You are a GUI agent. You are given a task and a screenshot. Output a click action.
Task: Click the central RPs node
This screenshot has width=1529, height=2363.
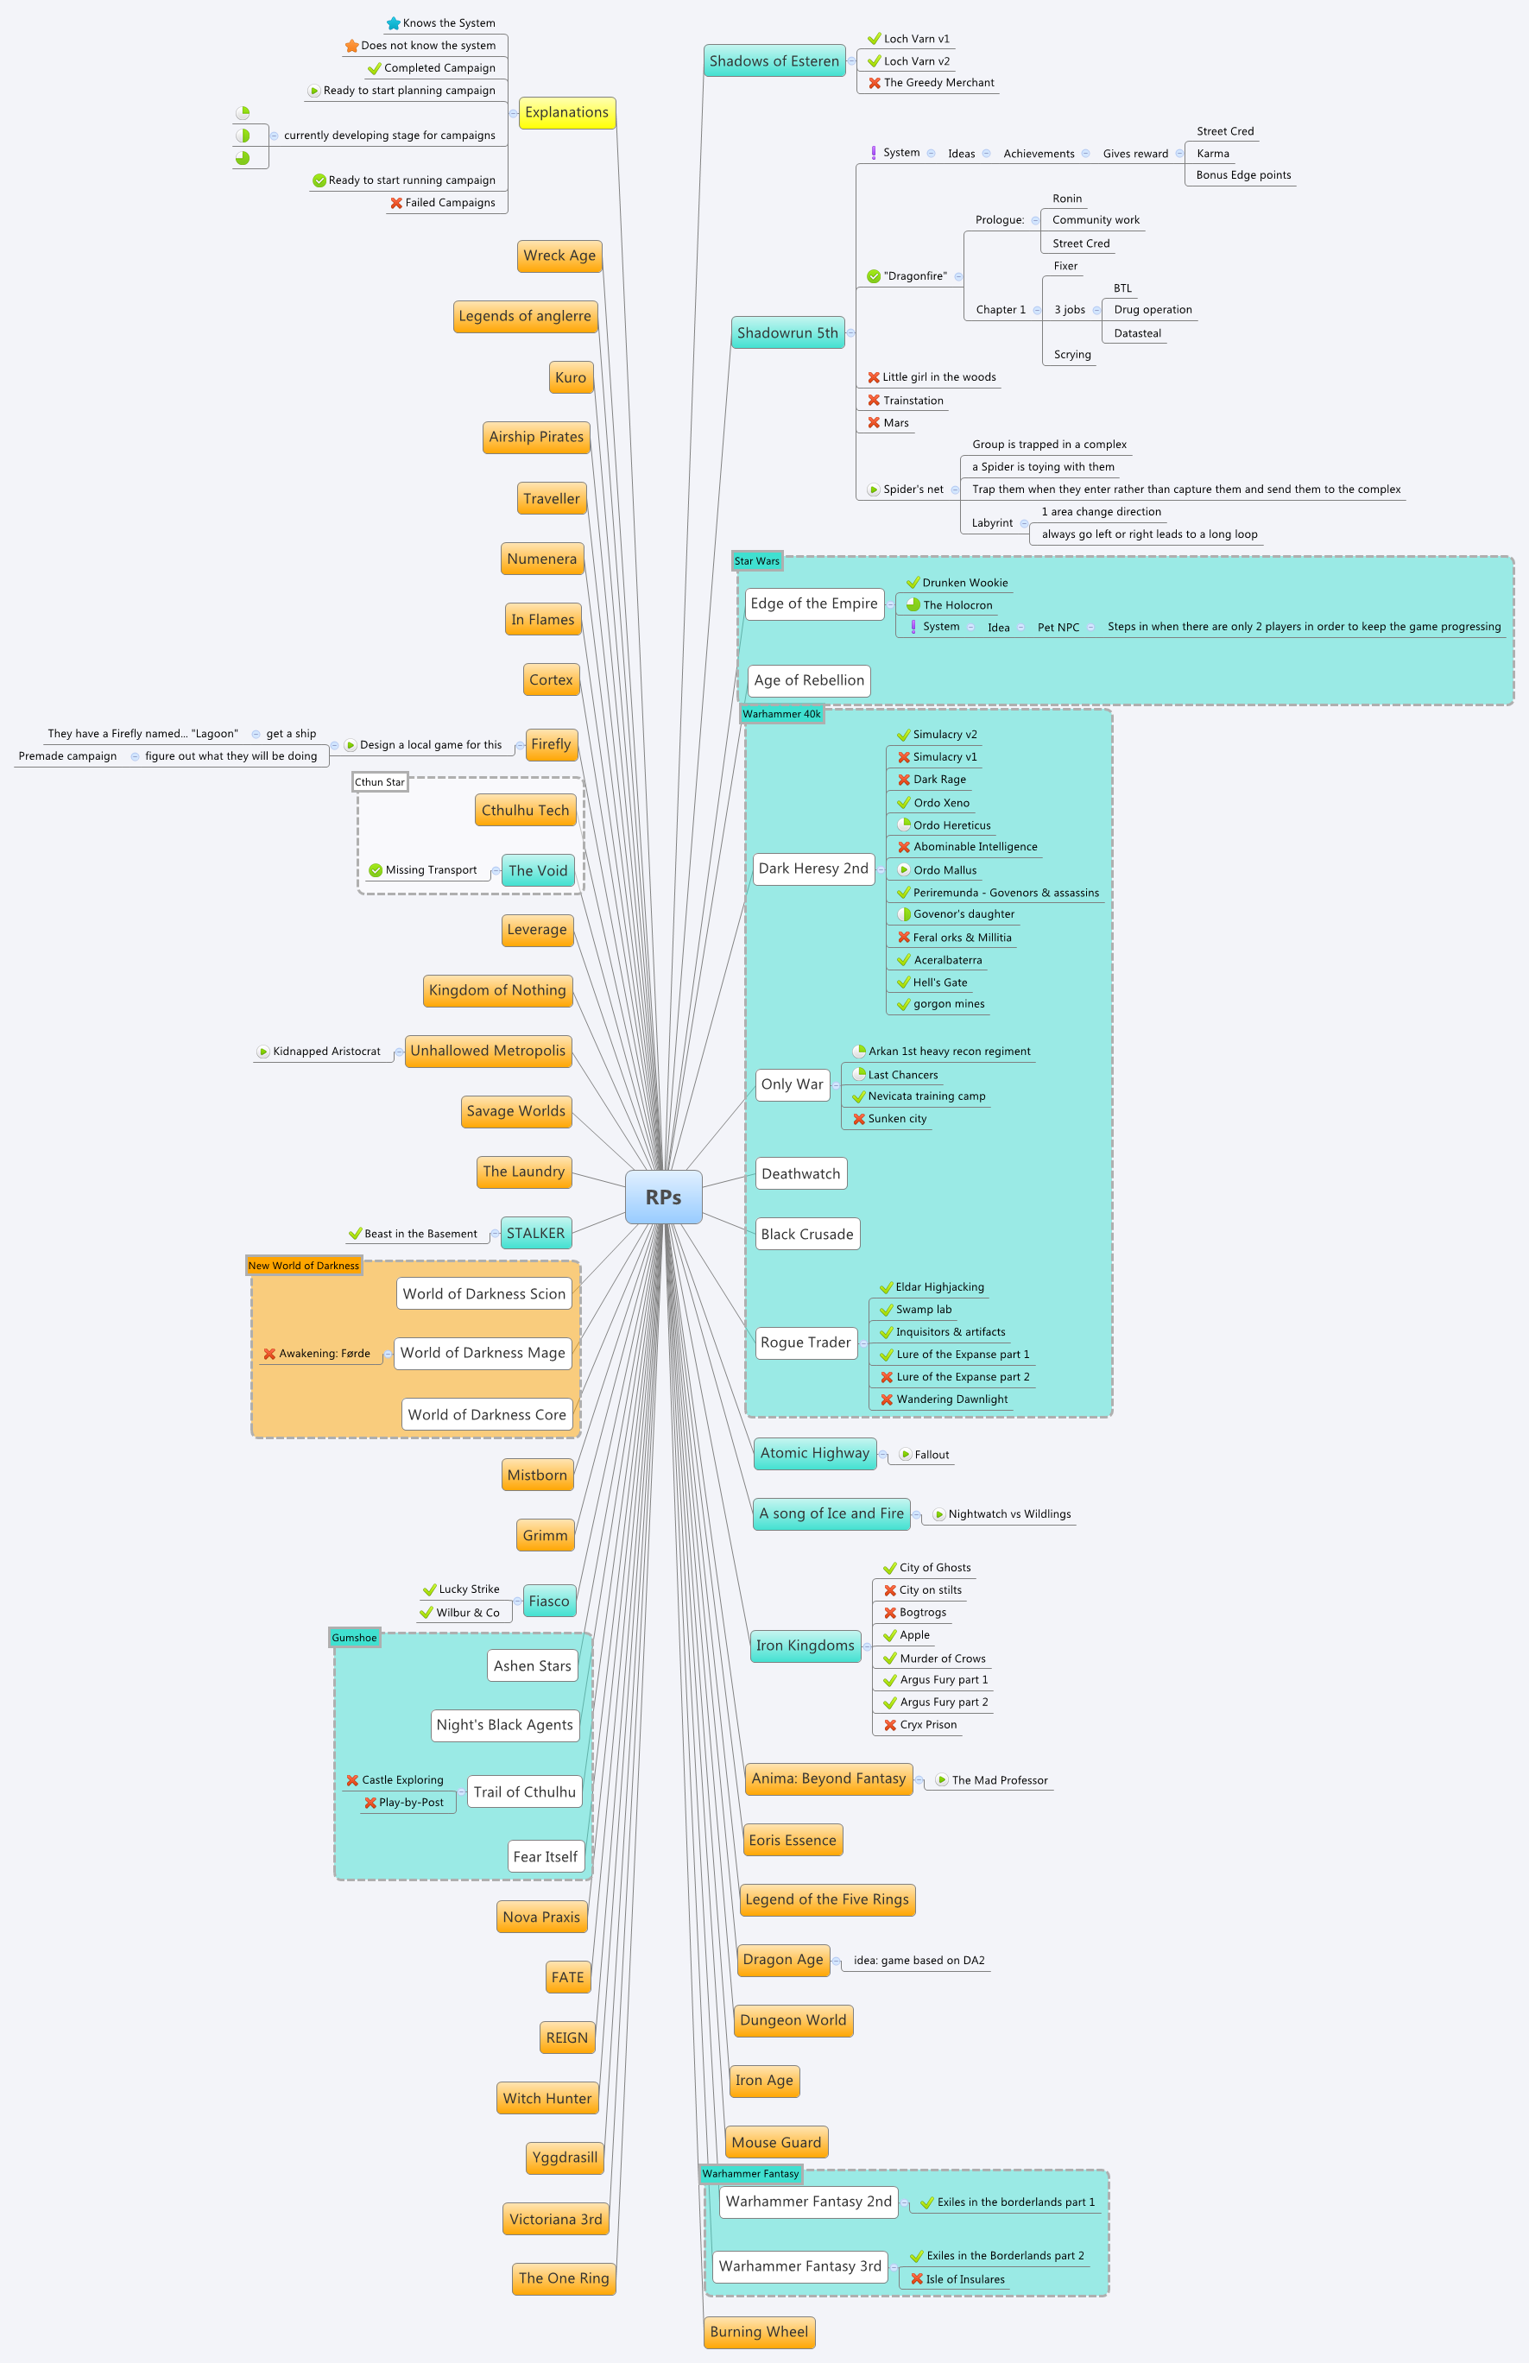(x=663, y=1197)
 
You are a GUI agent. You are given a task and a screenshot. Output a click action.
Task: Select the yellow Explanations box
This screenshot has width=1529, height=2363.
(x=566, y=112)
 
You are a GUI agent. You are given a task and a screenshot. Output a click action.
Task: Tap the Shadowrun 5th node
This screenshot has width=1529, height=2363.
(x=787, y=332)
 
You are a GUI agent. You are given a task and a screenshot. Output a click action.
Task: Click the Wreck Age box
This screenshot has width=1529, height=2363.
(x=559, y=256)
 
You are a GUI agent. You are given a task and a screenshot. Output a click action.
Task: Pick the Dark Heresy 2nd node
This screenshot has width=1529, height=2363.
(x=813, y=868)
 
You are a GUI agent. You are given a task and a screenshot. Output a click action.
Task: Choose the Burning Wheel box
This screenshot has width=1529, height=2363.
(x=759, y=2331)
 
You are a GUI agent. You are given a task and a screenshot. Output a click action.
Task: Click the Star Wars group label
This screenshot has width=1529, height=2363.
(x=756, y=561)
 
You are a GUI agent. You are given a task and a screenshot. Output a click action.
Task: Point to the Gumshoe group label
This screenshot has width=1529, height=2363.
(x=355, y=1637)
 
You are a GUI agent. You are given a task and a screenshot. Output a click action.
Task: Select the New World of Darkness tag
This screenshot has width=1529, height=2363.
(x=304, y=1265)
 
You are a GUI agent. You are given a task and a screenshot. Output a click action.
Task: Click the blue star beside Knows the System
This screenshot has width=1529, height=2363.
(x=393, y=22)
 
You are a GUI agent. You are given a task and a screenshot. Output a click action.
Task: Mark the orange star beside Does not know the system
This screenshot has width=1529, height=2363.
(x=351, y=46)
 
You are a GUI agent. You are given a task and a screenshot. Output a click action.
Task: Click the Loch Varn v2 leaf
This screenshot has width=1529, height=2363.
(x=916, y=61)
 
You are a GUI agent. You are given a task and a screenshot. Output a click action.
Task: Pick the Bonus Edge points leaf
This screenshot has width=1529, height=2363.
(x=1243, y=174)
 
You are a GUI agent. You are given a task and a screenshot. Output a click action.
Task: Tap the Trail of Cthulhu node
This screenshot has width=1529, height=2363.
(x=524, y=1791)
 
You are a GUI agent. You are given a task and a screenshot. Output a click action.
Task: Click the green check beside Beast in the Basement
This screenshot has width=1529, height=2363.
(x=355, y=1233)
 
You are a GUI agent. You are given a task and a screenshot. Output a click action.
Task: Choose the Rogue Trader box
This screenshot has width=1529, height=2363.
(x=806, y=1343)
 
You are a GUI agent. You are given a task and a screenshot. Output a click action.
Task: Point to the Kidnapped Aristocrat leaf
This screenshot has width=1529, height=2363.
(x=326, y=1052)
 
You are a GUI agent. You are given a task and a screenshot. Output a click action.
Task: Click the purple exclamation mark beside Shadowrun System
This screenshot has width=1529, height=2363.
(x=873, y=153)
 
